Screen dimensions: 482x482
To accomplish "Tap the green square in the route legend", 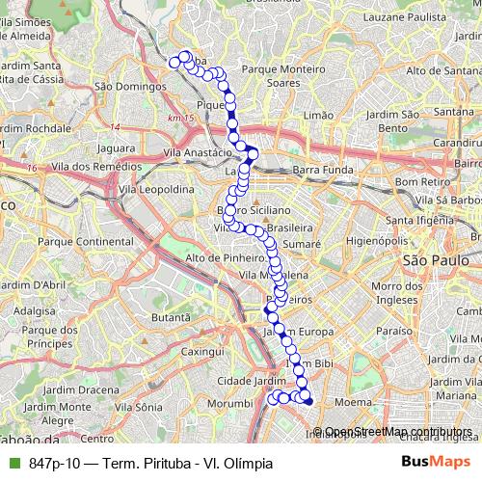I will click(x=12, y=463).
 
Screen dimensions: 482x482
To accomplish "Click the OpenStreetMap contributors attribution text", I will click(x=391, y=432).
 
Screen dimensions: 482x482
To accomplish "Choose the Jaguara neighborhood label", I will click(x=115, y=149).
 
